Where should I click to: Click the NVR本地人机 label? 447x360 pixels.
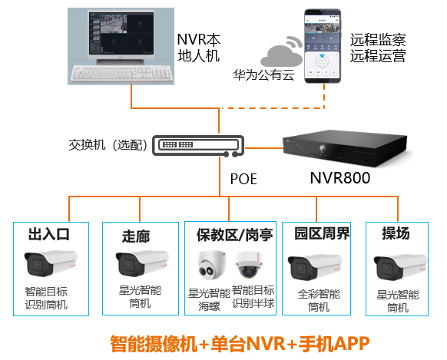[198, 48]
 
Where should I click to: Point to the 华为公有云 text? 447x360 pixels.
[264, 75]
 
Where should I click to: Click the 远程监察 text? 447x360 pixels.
[378, 39]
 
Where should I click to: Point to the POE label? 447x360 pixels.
[243, 180]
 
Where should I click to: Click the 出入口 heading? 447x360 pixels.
[49, 235]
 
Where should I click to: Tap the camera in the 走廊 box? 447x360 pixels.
[140, 264]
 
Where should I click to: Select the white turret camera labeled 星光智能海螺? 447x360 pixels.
[210, 266]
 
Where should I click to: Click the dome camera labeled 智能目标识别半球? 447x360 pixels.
[250, 266]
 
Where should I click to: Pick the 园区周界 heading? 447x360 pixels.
[316, 234]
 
